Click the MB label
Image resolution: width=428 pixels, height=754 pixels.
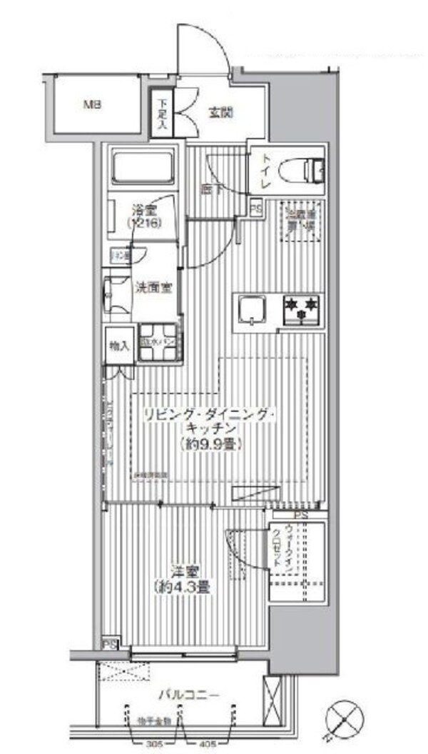(93, 106)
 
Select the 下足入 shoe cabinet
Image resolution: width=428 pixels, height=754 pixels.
(163, 113)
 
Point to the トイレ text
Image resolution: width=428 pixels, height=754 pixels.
(265, 172)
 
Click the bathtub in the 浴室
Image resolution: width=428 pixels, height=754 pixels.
(143, 167)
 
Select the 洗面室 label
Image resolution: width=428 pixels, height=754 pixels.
(153, 288)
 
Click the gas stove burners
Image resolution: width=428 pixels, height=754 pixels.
(302, 309)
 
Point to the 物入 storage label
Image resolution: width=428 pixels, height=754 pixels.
(118, 346)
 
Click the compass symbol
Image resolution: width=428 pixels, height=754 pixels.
(345, 718)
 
